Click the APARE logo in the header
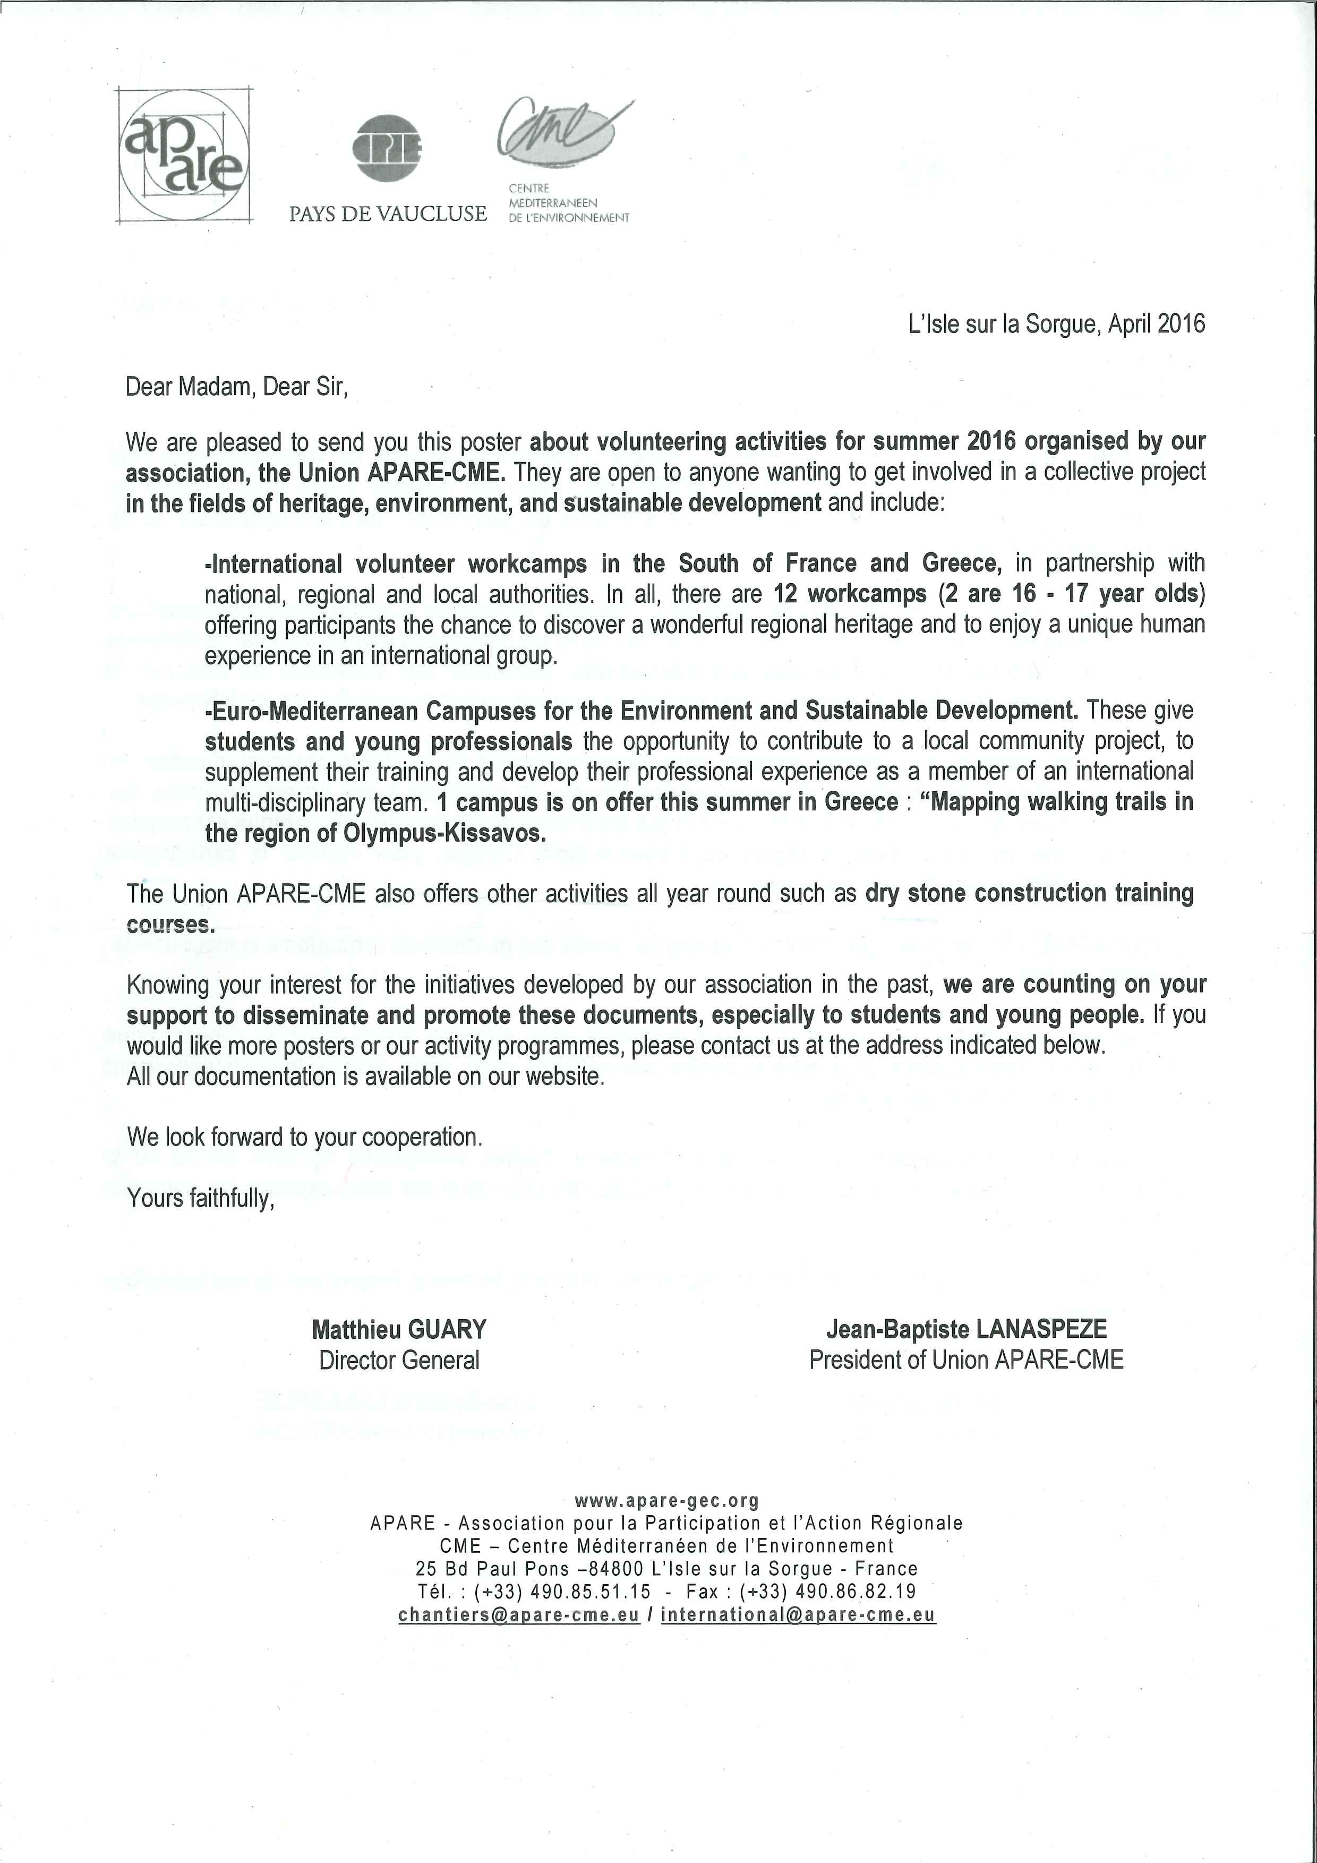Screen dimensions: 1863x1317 click(x=183, y=155)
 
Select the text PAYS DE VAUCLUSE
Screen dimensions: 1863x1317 click(x=388, y=213)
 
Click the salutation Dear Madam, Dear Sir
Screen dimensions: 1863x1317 click(x=236, y=387)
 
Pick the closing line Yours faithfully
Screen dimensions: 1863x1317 click(x=200, y=1199)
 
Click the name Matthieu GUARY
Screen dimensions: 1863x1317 click(x=399, y=1329)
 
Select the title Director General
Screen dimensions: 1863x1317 click(x=399, y=1360)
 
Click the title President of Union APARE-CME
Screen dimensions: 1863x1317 click(x=965, y=1360)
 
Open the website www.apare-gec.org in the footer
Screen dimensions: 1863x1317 click(x=666, y=1501)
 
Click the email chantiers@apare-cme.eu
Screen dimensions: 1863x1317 click(x=519, y=1614)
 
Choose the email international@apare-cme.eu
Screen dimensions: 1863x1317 click(x=799, y=1614)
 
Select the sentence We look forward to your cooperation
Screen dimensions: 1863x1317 click(x=304, y=1138)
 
